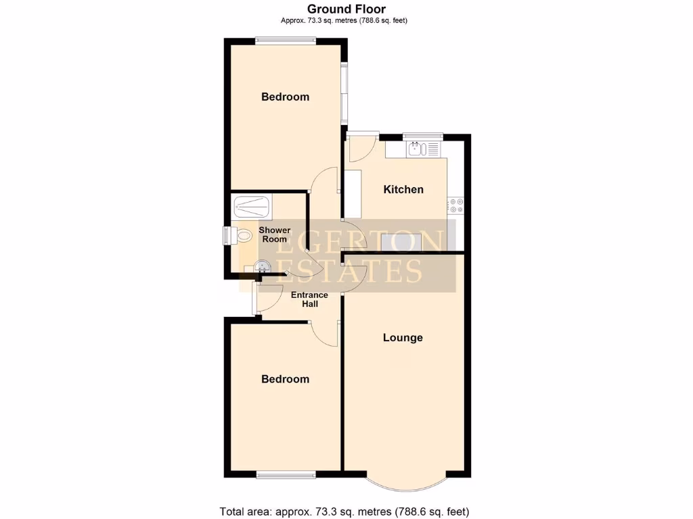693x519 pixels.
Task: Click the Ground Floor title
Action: [346, 9]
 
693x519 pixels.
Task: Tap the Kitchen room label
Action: [403, 189]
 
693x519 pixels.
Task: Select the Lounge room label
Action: [403, 337]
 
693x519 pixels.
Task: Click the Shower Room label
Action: [275, 234]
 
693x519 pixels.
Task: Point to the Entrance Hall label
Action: [309, 299]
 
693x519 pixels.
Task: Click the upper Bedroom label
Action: [285, 97]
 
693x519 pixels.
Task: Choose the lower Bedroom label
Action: [285, 379]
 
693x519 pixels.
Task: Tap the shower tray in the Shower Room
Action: [251, 206]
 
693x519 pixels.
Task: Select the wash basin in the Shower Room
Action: [263, 267]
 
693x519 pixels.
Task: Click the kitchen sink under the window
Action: [423, 148]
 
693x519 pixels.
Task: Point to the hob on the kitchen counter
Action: [455, 205]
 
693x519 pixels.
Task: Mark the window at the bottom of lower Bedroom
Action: [286, 474]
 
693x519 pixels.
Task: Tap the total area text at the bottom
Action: [344, 511]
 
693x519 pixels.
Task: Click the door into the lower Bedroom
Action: [325, 333]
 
